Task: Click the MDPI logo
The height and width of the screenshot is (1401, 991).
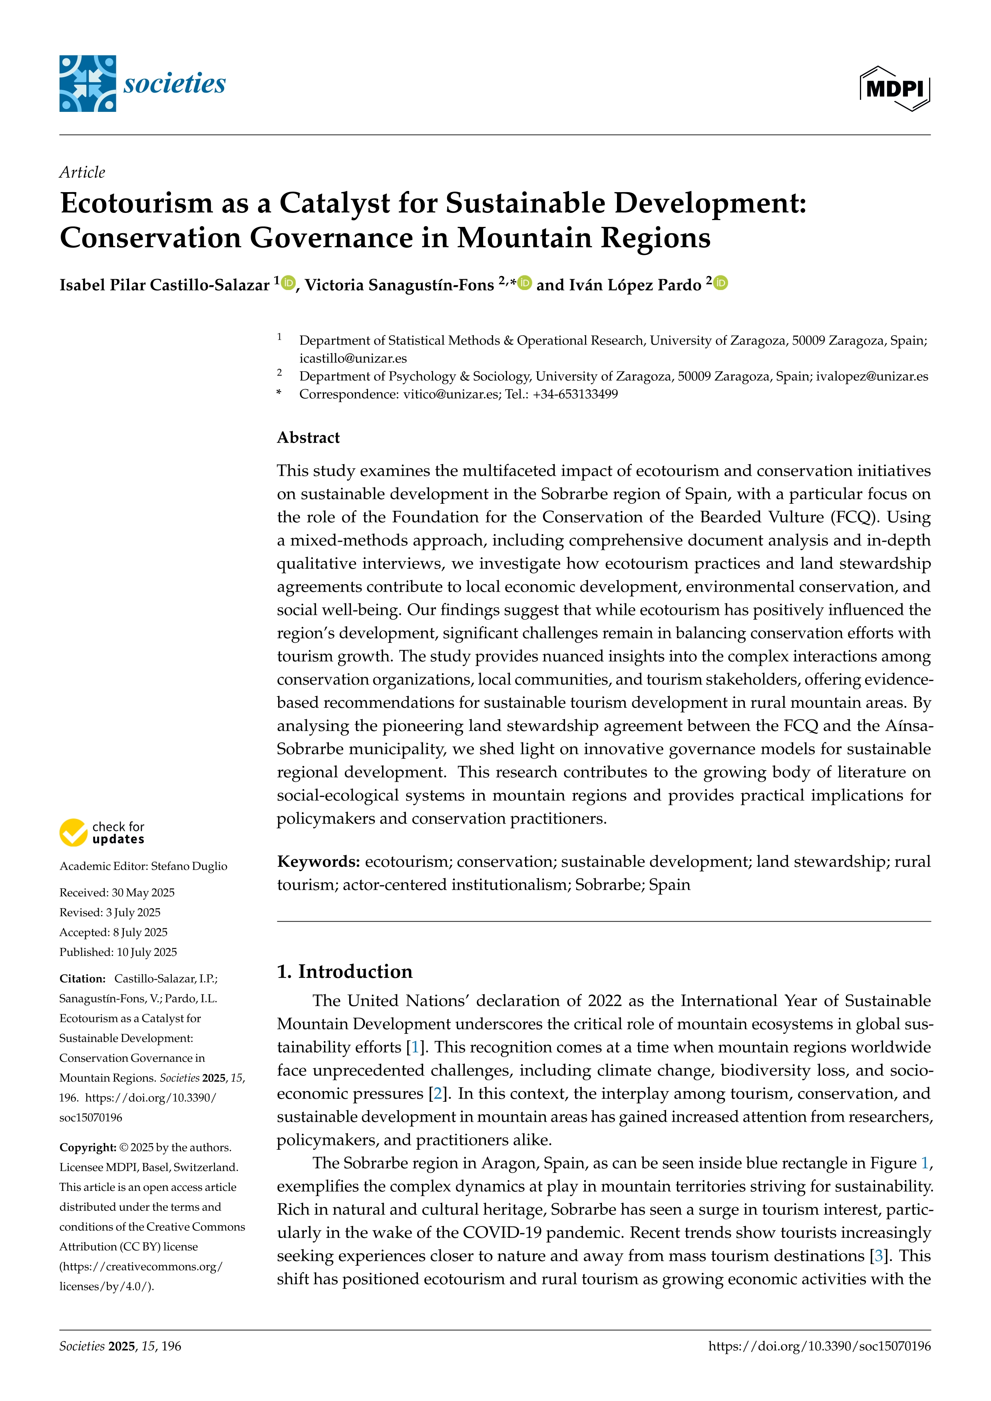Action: (895, 88)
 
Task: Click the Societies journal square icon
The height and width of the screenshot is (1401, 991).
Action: (87, 83)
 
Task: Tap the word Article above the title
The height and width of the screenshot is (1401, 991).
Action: (82, 173)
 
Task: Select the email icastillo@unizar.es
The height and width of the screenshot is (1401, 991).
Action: (353, 358)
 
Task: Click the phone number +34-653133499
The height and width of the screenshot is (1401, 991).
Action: (575, 394)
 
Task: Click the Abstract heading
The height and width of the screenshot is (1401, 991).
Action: (308, 437)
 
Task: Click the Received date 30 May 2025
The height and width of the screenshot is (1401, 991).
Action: (143, 893)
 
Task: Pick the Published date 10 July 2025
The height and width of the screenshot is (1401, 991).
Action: (147, 952)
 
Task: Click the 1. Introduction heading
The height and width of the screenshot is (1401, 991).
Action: (345, 972)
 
